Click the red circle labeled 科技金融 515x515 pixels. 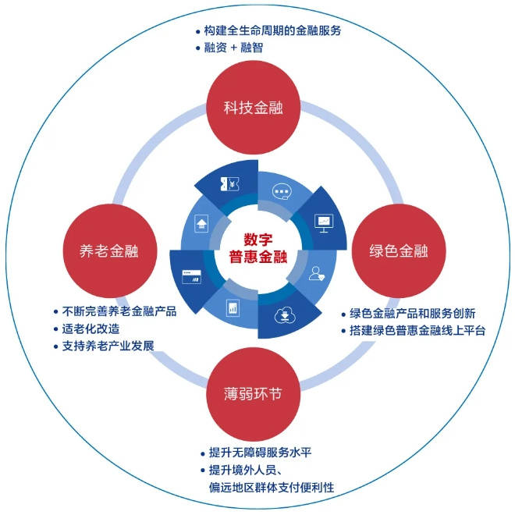pyautogui.click(x=253, y=108)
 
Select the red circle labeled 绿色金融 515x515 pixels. pyautogui.click(x=399, y=251)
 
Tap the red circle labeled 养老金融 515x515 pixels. pyautogui.click(x=110, y=251)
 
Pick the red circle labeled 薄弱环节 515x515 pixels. pyautogui.click(x=253, y=394)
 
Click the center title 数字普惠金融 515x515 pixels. pyautogui.click(x=258, y=248)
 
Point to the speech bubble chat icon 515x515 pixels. pyautogui.click(x=282, y=191)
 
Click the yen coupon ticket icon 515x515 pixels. pyautogui.click(x=229, y=184)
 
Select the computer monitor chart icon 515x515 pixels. pyautogui.click(x=324, y=223)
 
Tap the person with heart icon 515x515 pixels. pyautogui.click(x=317, y=274)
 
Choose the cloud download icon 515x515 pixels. pyautogui.click(x=285, y=315)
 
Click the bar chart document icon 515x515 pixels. pyautogui.click(x=233, y=307)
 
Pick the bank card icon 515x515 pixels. pyautogui.click(x=191, y=277)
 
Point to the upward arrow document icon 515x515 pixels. pyautogui.click(x=201, y=224)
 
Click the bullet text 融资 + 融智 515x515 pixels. pyautogui.click(x=233, y=48)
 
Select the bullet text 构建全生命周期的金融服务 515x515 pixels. pyautogui.click(x=272, y=30)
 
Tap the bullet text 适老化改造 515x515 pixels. pyautogui.click(x=91, y=329)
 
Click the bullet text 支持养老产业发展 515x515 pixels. pyautogui.click(x=108, y=346)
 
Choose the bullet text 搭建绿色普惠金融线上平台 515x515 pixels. pyautogui.click(x=417, y=330)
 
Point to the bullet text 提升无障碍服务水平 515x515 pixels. pyautogui.click(x=260, y=453)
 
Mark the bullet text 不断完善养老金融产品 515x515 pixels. pyautogui.click(x=119, y=311)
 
